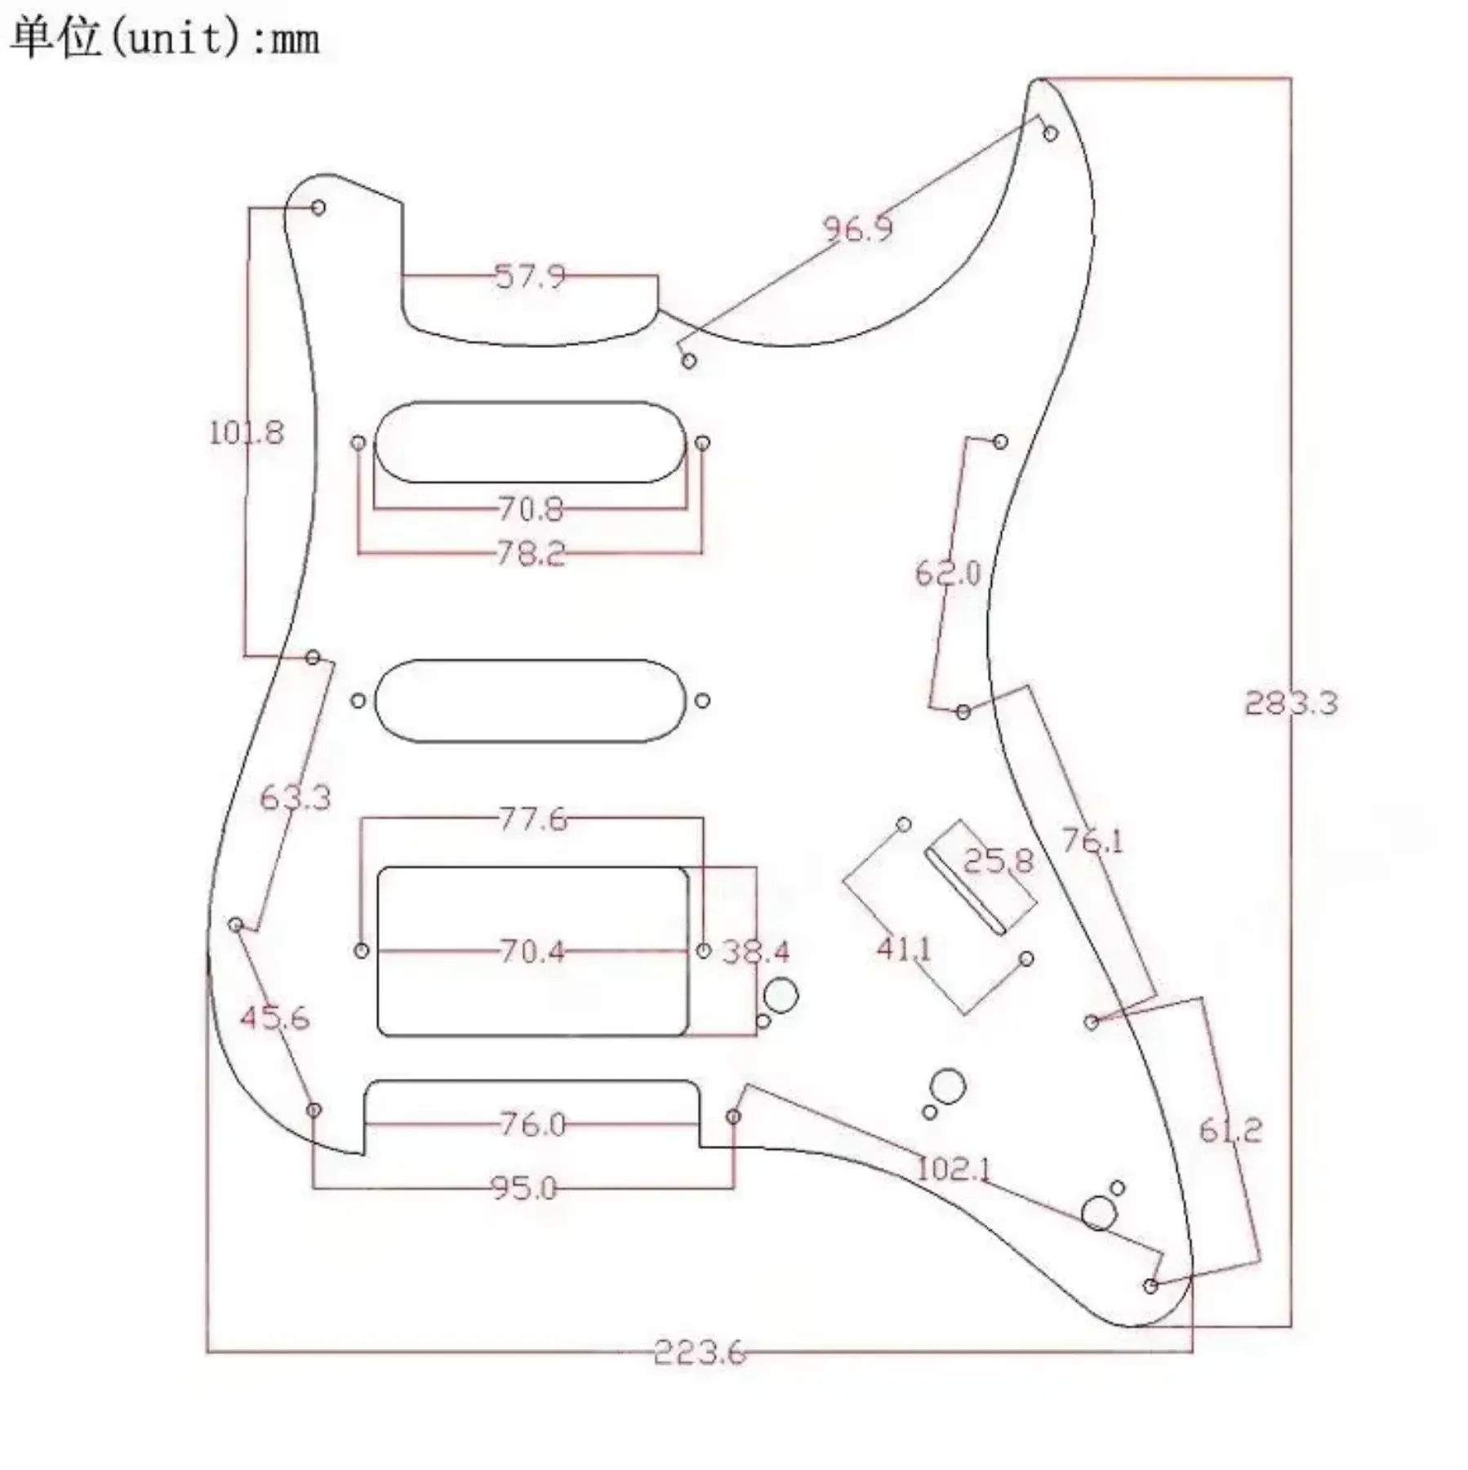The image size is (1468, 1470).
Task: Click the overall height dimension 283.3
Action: pyautogui.click(x=1291, y=703)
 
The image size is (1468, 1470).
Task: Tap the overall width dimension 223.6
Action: pyautogui.click(x=700, y=1353)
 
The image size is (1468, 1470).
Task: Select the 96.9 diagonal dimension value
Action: pyautogui.click(x=857, y=229)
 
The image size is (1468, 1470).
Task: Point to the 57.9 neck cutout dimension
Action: pyautogui.click(x=530, y=276)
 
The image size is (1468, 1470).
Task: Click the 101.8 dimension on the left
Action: pyautogui.click(x=247, y=432)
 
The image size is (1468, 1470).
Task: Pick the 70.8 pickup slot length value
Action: pyautogui.click(x=531, y=510)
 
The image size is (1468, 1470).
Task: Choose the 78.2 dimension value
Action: pyautogui.click(x=531, y=555)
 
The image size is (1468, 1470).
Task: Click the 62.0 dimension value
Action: pyautogui.click(x=948, y=572)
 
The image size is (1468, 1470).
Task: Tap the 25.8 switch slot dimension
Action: pyautogui.click(x=998, y=861)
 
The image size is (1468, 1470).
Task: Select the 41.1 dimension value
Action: pyautogui.click(x=904, y=948)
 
